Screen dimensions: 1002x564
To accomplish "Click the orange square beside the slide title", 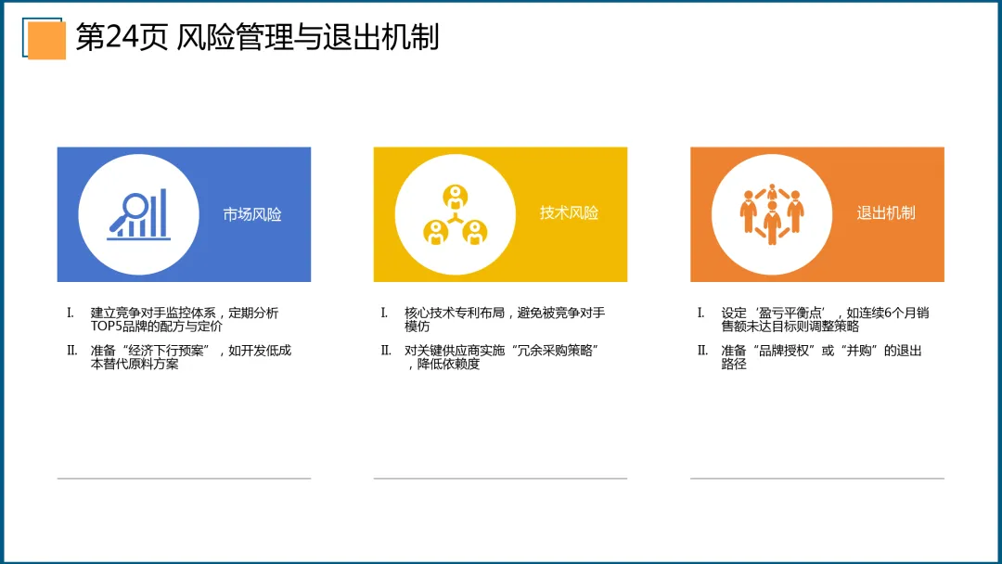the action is pos(46,40).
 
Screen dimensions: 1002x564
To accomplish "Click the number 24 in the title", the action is pos(122,37).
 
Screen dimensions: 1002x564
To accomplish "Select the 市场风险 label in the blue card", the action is pos(251,214).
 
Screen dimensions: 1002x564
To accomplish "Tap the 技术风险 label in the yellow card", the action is pos(569,212).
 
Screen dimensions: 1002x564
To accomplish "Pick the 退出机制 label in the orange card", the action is pos(886,212).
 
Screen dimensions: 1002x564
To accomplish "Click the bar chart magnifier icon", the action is pos(138,214).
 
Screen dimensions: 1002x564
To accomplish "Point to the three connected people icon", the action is pos(455,215).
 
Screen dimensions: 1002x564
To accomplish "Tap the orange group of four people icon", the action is pos(772,214).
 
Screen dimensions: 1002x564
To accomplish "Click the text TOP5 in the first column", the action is pos(105,327).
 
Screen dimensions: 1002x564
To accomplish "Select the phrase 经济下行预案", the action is pos(165,351).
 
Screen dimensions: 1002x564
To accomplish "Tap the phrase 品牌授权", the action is pos(783,351).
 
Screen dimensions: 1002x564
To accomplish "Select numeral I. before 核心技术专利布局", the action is pos(384,313).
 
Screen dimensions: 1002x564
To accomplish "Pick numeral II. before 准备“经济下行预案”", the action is pos(71,351).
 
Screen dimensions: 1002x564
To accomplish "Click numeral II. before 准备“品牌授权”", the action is pos(702,351).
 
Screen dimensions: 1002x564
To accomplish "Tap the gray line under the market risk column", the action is pos(184,478).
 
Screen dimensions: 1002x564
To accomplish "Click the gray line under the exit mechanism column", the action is pos(817,478).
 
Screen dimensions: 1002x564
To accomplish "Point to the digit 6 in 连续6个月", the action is pos(888,313).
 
